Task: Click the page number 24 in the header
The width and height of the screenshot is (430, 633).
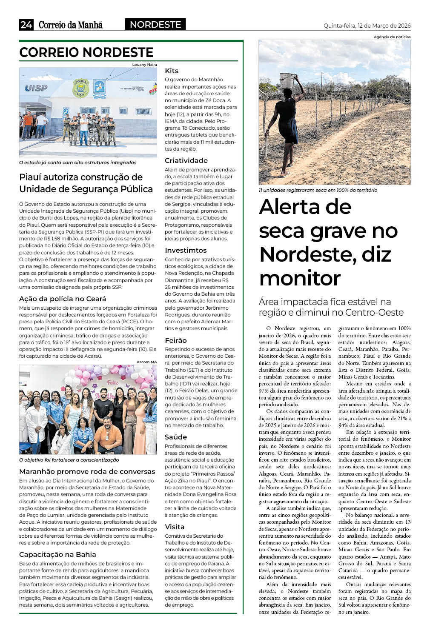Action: [x=26, y=25]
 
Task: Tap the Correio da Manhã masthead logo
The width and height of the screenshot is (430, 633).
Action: [x=71, y=25]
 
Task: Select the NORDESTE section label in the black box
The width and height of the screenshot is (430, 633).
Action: [x=155, y=25]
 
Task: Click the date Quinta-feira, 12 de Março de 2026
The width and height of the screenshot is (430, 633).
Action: [x=367, y=26]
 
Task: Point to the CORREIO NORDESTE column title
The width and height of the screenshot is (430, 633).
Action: [x=86, y=53]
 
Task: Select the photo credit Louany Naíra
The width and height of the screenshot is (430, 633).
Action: [x=144, y=65]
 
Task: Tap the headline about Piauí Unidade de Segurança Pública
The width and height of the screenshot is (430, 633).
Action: [x=86, y=183]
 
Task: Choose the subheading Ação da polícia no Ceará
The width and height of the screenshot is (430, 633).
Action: [x=63, y=299]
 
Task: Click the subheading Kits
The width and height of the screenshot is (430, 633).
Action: [x=172, y=71]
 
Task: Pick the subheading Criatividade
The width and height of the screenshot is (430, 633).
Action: [x=186, y=161]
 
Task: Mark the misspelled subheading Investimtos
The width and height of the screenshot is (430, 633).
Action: [x=186, y=251]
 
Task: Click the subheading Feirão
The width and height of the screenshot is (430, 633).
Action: [x=176, y=340]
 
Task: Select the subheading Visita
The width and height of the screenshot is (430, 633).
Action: [x=175, y=527]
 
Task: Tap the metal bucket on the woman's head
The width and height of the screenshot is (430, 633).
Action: [x=287, y=79]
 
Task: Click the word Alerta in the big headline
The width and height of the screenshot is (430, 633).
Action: [x=305, y=207]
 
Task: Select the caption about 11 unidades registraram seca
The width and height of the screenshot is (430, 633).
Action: [x=318, y=190]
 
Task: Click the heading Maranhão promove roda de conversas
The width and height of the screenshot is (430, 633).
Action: [x=87, y=471]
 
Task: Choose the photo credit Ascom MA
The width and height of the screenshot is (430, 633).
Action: [x=146, y=362]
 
